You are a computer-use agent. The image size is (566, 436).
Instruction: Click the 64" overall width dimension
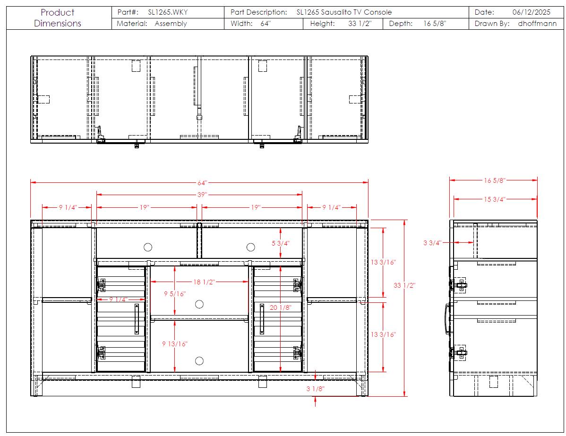(x=202, y=183)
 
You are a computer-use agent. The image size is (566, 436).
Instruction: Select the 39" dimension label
(x=202, y=195)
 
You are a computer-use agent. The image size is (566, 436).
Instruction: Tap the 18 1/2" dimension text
(x=204, y=282)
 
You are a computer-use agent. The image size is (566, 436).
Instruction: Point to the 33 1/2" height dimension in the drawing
(x=404, y=285)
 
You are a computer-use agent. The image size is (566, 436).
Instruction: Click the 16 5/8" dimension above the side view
(x=495, y=180)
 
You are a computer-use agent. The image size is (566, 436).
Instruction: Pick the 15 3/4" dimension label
(x=495, y=199)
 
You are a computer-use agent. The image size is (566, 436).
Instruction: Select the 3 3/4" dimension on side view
(x=432, y=243)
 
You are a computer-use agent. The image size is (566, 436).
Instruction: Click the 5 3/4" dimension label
(x=281, y=243)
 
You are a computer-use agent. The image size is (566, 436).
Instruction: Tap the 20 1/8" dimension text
(x=281, y=308)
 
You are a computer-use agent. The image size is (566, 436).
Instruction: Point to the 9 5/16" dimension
(x=175, y=294)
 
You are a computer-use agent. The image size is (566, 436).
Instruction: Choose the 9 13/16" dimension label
(x=175, y=344)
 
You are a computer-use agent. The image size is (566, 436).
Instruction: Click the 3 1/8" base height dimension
(x=316, y=389)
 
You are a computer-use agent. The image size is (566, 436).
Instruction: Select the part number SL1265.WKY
(x=168, y=12)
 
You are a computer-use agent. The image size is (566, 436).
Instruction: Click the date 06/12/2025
(x=532, y=12)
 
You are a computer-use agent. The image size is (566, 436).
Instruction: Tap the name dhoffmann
(x=537, y=24)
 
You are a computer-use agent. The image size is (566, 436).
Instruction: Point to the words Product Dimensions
(x=57, y=17)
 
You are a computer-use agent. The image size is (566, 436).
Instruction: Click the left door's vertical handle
(x=137, y=319)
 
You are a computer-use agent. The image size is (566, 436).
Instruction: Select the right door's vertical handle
(x=262, y=319)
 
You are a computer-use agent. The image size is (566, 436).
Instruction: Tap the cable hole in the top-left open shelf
(x=148, y=247)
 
